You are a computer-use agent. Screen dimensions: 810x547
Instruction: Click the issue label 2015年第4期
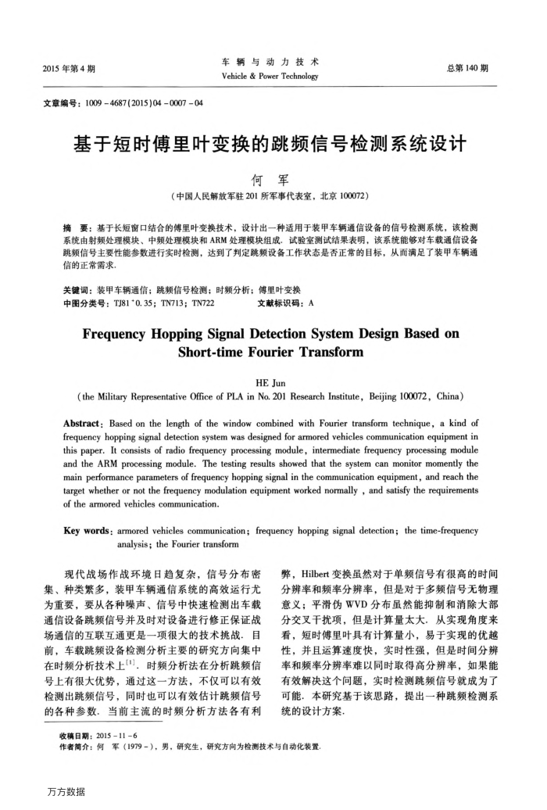70,69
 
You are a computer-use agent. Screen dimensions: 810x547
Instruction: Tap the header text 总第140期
467,69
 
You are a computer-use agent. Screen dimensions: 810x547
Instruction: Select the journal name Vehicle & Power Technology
271,77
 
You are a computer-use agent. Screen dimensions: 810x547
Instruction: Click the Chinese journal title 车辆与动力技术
271,62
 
